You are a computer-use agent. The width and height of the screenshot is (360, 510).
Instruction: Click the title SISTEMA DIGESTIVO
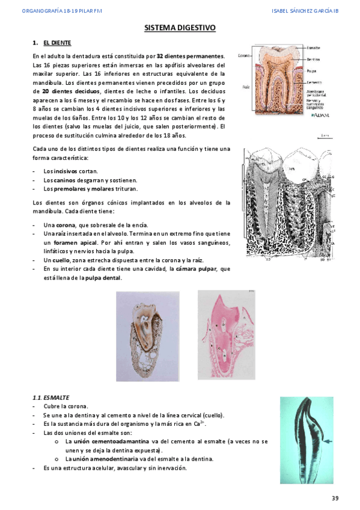(180, 28)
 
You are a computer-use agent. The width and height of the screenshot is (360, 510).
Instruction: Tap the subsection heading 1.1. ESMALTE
(51, 398)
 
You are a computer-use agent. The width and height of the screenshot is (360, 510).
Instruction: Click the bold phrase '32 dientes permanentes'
(191, 56)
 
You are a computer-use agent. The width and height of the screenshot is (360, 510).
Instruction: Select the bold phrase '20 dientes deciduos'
(67, 90)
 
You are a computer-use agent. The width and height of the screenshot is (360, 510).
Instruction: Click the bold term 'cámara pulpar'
(193, 269)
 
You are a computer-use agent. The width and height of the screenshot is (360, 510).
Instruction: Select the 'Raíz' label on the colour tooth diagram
(245, 86)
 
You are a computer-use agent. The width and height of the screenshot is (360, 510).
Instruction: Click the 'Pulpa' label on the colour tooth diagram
(312, 70)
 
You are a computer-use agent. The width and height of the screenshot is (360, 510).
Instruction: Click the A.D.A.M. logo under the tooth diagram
(319, 117)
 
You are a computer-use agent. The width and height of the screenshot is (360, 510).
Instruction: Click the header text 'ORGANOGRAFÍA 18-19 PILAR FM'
(54, 10)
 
